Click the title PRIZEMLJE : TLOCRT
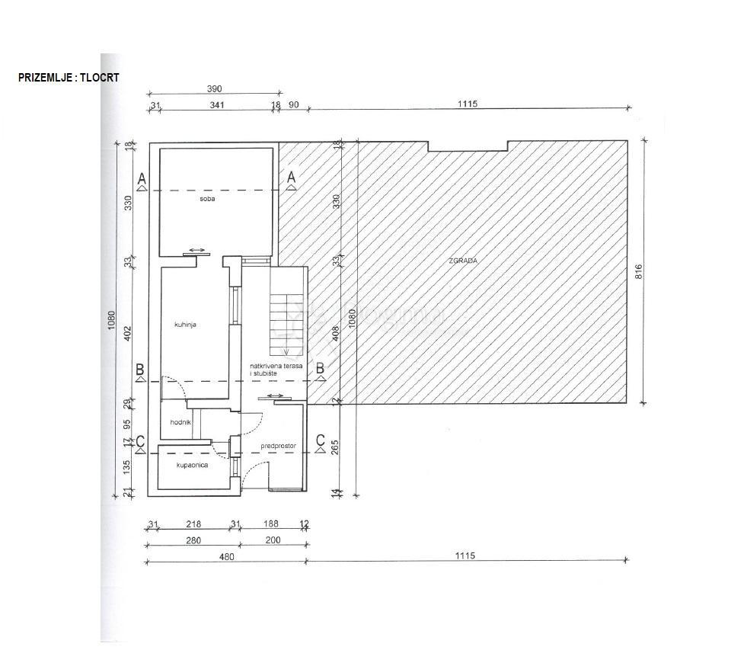click(x=69, y=78)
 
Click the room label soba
click(x=208, y=199)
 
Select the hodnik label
click(x=180, y=421)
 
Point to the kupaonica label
click(x=192, y=464)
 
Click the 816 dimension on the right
click(x=639, y=271)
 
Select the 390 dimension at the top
click(x=215, y=89)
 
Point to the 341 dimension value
click(x=216, y=105)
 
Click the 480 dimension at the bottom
click(x=226, y=556)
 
